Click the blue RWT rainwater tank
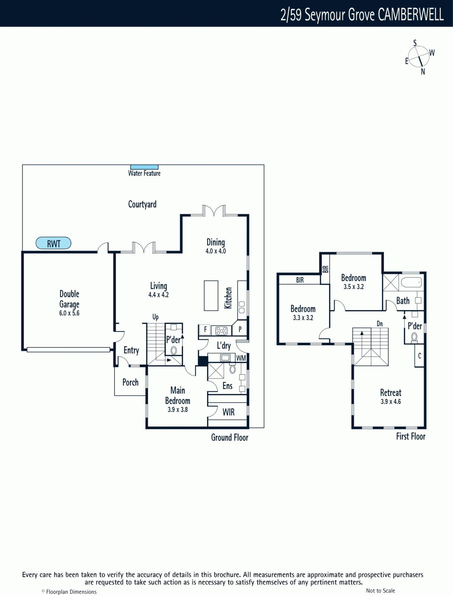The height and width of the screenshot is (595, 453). pos(54,243)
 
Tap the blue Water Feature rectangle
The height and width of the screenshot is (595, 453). pos(144,167)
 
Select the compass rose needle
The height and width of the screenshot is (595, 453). pos(421,61)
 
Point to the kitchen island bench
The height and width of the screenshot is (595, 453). pos(211,296)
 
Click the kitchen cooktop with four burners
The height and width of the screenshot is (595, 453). pos(221,331)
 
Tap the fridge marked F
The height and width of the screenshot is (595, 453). pos(205,329)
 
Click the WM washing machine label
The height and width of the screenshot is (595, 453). pos(241,358)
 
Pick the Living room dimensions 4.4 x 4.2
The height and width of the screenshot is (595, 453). pos(159,295)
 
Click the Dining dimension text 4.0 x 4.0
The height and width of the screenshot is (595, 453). pos(216,251)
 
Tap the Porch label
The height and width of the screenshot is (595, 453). pos(131,382)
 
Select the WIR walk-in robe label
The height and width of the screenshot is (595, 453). pos(229,412)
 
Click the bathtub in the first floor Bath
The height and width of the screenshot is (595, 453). pos(412,282)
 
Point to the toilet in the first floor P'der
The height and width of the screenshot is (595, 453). pos(414,337)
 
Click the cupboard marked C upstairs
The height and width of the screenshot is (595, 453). pos(419,356)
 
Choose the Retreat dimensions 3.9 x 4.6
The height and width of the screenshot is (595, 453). pos(390,402)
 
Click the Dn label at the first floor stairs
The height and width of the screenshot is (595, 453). pos(380,324)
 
